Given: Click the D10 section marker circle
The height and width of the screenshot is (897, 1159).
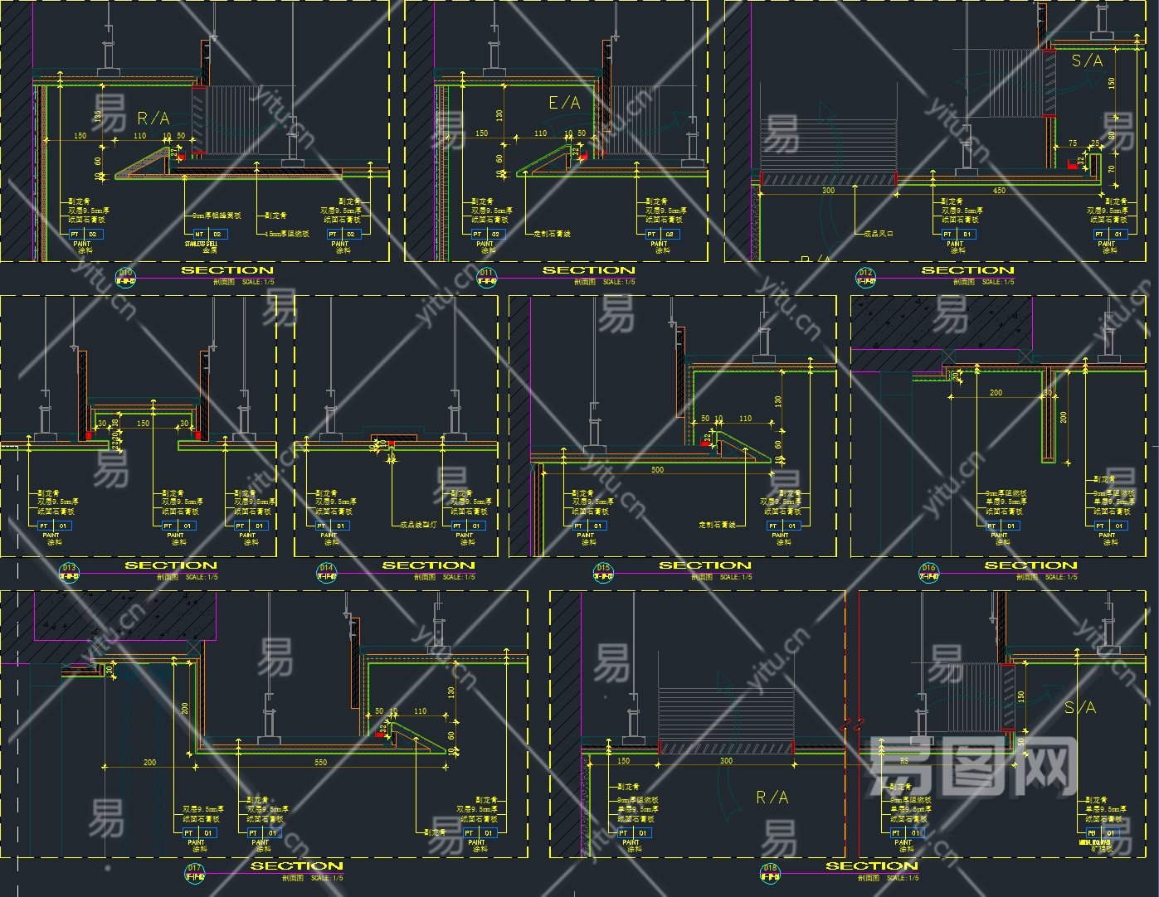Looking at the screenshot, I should coord(125,276).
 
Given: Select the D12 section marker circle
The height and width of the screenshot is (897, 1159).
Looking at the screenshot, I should coord(866,276).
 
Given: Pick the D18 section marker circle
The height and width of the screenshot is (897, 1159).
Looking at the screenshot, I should coord(770,872).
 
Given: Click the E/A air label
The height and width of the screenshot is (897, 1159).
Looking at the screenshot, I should coord(564,103).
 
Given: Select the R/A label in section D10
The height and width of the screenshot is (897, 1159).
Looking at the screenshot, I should coord(153,119).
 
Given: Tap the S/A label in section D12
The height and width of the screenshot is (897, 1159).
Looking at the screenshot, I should coord(1087,61).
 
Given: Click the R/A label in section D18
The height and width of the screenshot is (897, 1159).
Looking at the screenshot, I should coord(772,798).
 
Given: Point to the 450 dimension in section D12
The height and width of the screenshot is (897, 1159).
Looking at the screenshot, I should coord(999,191).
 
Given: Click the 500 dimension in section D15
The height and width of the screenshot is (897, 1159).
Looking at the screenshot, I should coord(657,470).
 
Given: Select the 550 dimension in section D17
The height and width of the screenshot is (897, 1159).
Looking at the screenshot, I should coord(320,762).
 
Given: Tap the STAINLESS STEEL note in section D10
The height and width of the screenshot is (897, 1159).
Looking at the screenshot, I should coord(200,245).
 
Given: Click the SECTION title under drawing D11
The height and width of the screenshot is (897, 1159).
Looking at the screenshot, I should coord(588,270).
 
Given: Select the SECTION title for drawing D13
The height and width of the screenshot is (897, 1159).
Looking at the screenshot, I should coord(170,565).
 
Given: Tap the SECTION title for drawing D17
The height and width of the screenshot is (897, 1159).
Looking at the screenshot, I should coord(296,865).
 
